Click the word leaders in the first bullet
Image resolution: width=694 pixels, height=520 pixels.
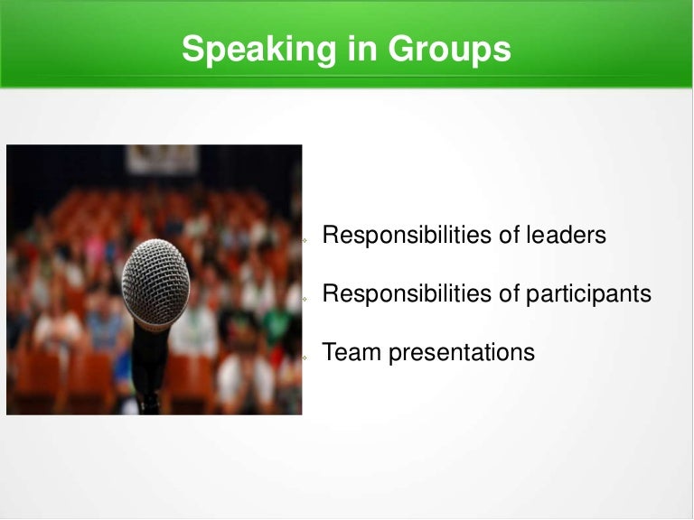563,236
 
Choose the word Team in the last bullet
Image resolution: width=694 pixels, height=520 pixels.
352,352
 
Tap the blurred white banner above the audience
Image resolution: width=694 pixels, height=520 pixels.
163,158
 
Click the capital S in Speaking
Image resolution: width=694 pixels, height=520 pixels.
192,49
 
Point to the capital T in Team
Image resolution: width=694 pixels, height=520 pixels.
330,352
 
